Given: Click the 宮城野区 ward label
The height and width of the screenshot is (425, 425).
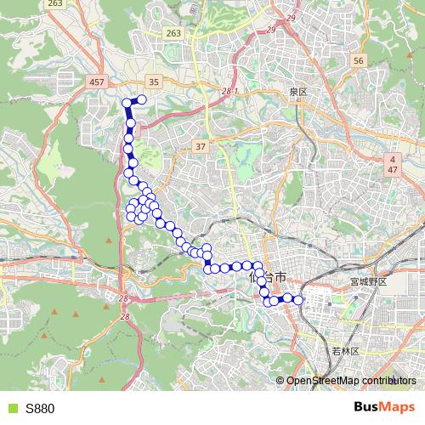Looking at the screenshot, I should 368,280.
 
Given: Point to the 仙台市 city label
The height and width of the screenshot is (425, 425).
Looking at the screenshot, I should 270,277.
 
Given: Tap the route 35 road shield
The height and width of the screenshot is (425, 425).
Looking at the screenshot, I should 153,82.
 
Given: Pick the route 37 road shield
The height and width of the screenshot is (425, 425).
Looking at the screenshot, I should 201,147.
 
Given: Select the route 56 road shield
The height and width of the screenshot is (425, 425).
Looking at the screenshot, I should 358,60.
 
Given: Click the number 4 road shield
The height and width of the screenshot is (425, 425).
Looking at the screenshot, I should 394,159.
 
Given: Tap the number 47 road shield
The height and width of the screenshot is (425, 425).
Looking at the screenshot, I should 394,170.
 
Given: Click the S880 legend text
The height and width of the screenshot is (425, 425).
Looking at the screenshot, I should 40,408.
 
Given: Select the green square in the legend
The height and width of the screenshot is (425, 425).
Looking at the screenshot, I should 12,408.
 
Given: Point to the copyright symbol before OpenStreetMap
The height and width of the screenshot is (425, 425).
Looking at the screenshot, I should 281,381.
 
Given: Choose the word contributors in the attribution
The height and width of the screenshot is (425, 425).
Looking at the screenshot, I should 390,381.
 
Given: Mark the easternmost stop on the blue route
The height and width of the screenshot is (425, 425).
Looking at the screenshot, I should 298,299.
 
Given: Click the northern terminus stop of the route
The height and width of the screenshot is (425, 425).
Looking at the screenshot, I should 142,101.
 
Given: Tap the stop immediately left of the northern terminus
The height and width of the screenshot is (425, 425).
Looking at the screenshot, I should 128,102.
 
